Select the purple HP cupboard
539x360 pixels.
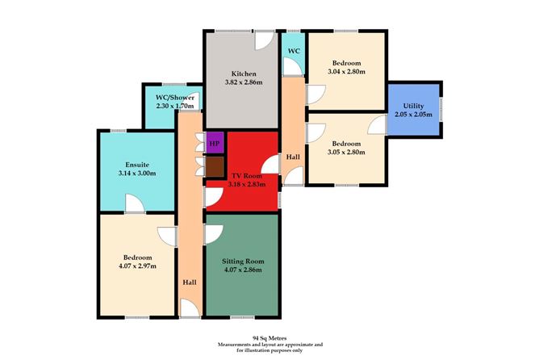(x=214, y=144)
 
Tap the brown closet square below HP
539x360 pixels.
(x=214, y=166)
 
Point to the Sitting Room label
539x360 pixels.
(x=243, y=262)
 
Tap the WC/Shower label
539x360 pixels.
(x=173, y=97)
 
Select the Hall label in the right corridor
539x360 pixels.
(x=294, y=157)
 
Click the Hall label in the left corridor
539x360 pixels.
(x=189, y=282)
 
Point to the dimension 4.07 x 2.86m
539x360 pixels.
(x=243, y=272)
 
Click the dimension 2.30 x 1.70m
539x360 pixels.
(x=173, y=106)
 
